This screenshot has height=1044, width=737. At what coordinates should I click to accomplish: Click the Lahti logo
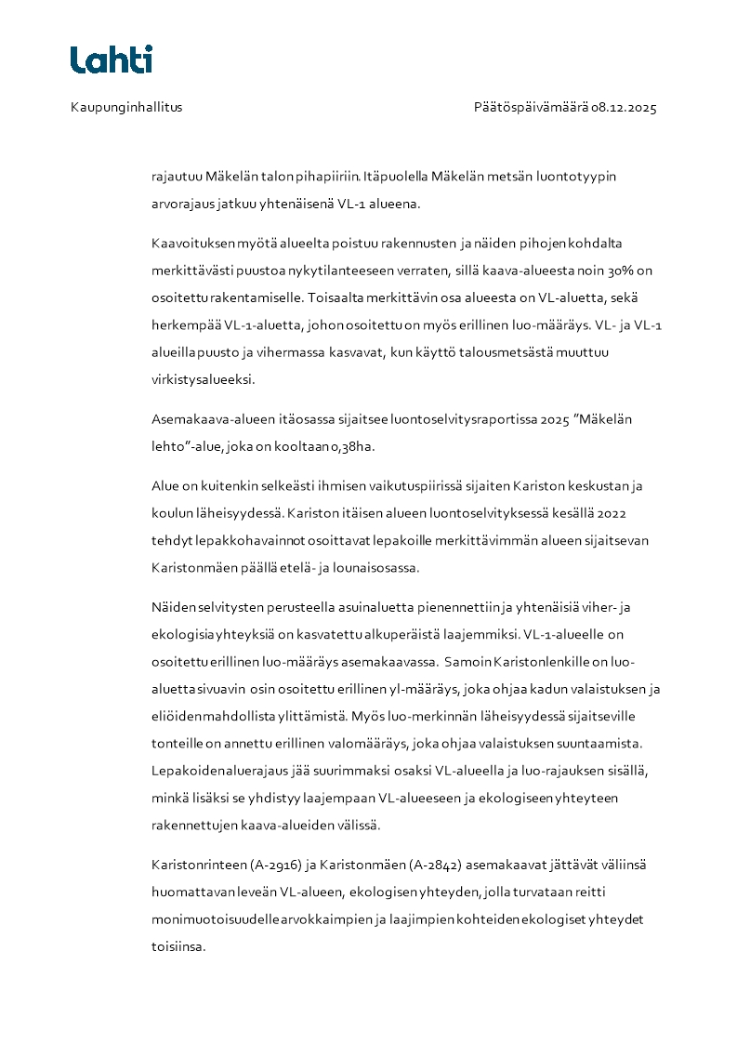(112, 59)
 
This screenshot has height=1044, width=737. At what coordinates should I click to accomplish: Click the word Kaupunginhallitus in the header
(126, 107)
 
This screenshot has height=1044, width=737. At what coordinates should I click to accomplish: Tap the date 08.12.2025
(624, 107)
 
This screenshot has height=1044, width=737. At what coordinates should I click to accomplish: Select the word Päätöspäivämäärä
(531, 107)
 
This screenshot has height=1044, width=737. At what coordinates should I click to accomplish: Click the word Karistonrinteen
(198, 865)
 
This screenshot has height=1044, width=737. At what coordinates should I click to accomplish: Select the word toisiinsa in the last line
(178, 946)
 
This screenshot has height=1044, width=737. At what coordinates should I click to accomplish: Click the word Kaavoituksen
(191, 244)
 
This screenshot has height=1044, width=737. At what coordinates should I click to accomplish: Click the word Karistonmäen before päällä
(191, 566)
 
